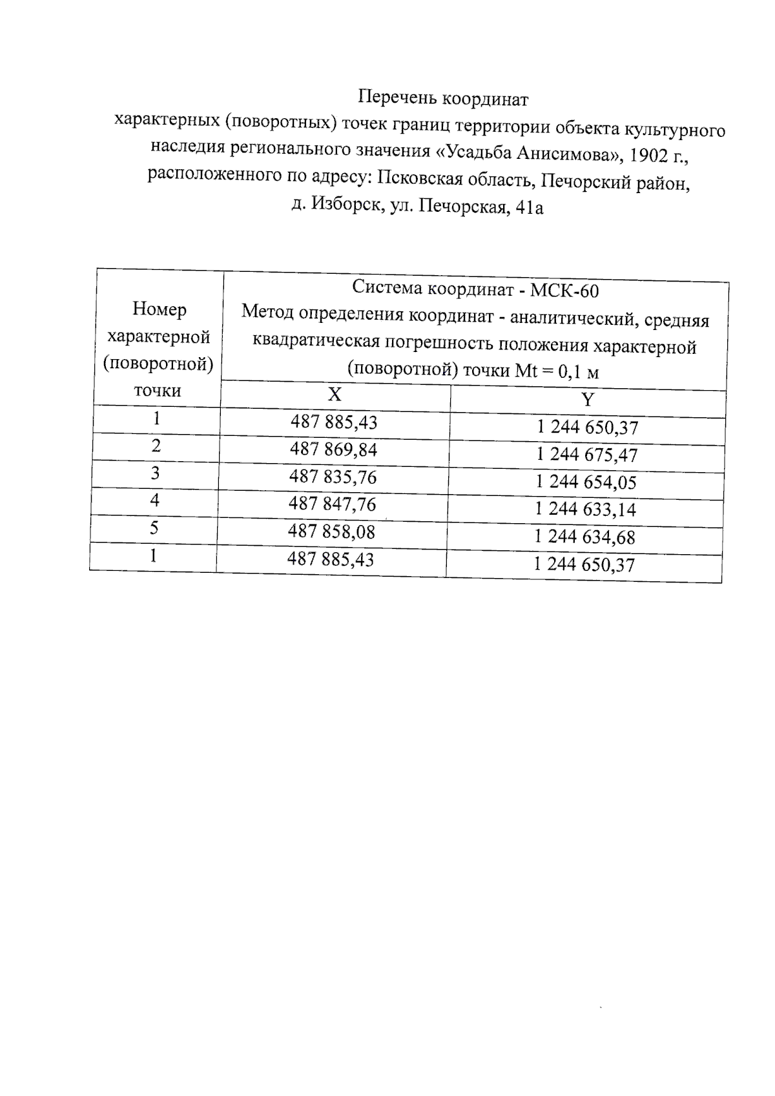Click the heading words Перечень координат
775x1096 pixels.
443,99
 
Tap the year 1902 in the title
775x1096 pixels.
648,155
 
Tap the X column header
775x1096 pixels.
334,395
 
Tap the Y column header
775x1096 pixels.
587,400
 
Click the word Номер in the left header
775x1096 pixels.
160,309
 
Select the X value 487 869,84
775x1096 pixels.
333,449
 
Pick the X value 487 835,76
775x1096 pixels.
333,477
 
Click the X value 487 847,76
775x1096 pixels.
332,504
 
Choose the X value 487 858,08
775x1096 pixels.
331,532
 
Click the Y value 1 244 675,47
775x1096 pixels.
586,455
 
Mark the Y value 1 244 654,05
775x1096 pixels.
586,482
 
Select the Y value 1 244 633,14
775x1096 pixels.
585,510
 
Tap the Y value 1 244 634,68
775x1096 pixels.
585,537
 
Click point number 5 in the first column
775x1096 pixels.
154,528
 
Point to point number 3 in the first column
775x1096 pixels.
155,473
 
